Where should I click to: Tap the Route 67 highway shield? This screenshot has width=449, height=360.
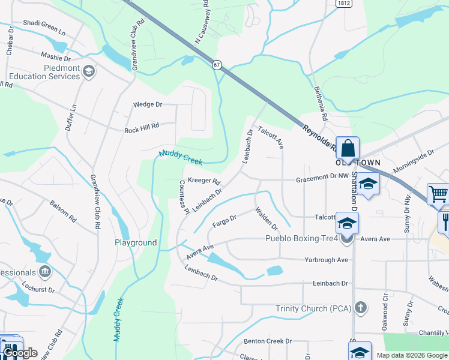click(x=217, y=64)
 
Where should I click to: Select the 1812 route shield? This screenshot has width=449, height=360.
click(x=344, y=3)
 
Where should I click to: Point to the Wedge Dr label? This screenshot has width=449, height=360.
click(x=148, y=104)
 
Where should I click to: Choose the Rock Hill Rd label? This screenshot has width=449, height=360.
click(x=142, y=128)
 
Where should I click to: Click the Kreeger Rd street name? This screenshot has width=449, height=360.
click(x=204, y=181)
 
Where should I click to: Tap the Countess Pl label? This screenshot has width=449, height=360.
click(x=184, y=196)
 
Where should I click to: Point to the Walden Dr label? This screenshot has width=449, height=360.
click(x=267, y=219)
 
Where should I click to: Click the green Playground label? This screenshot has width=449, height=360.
click(x=136, y=243)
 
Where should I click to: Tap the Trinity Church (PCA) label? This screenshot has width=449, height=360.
click(x=313, y=308)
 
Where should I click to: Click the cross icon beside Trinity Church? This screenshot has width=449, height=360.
click(x=360, y=308)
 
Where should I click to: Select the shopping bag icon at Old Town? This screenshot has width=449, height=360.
click(x=348, y=148)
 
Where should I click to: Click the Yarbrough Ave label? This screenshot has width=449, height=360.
click(x=326, y=260)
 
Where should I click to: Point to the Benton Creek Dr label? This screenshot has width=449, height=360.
click(x=268, y=341)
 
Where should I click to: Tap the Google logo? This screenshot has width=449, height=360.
click(x=20, y=353)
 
